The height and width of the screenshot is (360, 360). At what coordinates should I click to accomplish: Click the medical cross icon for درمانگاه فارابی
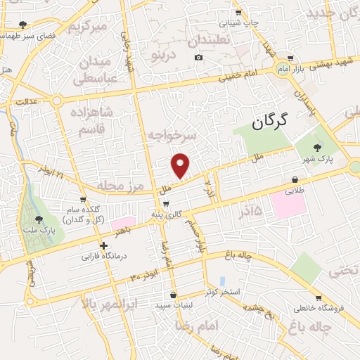click(103, 246)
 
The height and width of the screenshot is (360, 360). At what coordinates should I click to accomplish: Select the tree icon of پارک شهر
click(319, 147)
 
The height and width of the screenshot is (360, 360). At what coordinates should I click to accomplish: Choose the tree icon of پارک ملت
click(39, 219)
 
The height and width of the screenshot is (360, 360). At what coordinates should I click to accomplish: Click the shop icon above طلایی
click(292, 179)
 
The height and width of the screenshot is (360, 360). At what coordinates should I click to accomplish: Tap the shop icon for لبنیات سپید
click(173, 296)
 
